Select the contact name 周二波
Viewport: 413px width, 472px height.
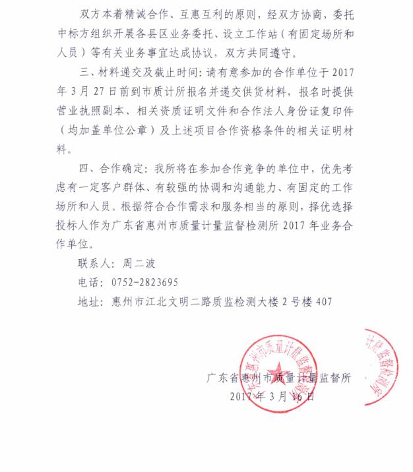pos(138,262)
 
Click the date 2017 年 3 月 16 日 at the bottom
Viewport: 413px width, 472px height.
pos(272,397)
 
